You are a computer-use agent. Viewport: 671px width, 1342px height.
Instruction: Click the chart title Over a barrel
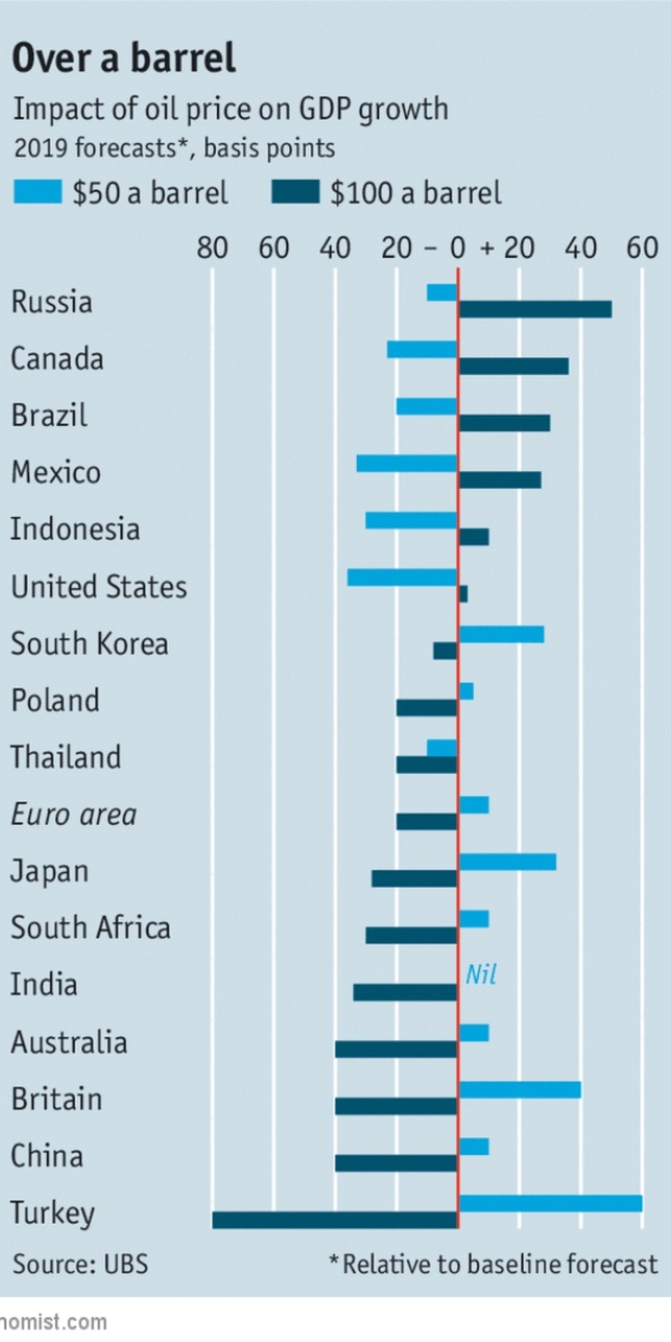[124, 58]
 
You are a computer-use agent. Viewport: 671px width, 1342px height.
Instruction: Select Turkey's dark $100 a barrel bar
[335, 1220]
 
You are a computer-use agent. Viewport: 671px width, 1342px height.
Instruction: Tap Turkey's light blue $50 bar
[550, 1203]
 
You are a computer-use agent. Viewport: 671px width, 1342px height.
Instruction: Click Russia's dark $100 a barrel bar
[535, 309]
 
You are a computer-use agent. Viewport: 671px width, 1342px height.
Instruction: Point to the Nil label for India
[481, 975]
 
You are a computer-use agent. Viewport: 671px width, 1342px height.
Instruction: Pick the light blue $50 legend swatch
[38, 192]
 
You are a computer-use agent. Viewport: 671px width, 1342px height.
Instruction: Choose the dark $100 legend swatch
[296, 192]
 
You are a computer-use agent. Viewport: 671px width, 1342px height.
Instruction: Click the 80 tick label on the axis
[212, 248]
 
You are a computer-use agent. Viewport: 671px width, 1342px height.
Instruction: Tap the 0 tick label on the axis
[458, 248]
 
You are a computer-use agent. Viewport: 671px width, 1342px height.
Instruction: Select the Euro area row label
[74, 815]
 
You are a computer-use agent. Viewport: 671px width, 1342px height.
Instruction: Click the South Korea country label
[89, 644]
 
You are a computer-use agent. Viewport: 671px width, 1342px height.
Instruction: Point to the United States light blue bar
[403, 577]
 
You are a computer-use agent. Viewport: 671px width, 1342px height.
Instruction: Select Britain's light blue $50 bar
[520, 1090]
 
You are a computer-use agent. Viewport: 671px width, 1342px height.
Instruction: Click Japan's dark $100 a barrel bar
[415, 879]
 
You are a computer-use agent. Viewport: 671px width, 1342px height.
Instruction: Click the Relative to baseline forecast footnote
[493, 1264]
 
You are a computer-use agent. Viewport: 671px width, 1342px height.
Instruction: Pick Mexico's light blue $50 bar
[407, 463]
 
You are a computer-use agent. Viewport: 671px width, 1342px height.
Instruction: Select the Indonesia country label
[75, 529]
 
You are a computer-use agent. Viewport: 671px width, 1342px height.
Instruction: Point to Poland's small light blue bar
[466, 691]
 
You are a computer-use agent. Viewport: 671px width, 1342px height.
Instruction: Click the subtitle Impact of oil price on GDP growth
[231, 109]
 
